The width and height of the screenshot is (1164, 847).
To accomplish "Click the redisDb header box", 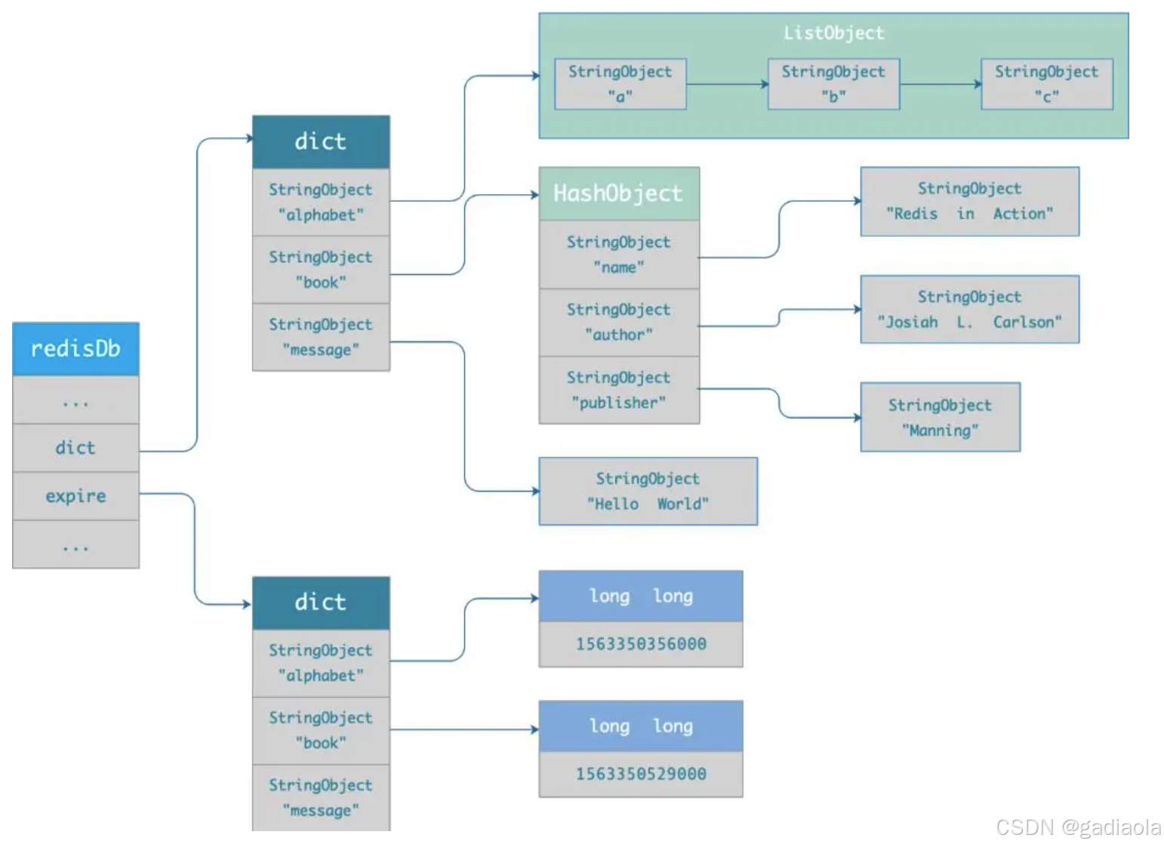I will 75,349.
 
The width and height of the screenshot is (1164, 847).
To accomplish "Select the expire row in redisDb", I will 75,496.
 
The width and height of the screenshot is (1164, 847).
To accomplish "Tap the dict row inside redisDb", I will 75,448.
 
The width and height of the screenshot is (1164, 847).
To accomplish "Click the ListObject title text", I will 833,33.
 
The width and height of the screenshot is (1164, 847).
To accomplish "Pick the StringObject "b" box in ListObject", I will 833,84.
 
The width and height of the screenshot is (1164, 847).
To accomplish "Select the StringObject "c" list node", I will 1046,84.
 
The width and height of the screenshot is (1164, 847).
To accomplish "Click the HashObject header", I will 618,194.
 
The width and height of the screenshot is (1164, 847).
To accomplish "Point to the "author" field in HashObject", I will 618,322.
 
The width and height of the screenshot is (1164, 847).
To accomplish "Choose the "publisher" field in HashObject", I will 618,390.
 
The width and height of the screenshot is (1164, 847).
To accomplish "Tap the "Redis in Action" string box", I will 969,202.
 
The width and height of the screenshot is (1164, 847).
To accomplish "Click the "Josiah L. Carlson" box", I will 969,310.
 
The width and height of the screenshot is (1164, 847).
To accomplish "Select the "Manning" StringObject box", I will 940,417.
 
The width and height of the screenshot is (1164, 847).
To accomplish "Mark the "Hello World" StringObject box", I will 648,491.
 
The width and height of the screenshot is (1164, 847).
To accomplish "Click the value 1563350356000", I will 641,644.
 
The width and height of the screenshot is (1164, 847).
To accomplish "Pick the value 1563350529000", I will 641,774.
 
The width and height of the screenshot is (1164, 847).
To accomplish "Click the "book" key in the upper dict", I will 321,269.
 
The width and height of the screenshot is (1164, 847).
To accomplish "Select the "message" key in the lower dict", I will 321,798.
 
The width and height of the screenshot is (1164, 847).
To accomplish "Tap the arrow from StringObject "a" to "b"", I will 726,84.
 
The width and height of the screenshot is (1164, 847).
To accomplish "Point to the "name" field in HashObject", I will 618,254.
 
